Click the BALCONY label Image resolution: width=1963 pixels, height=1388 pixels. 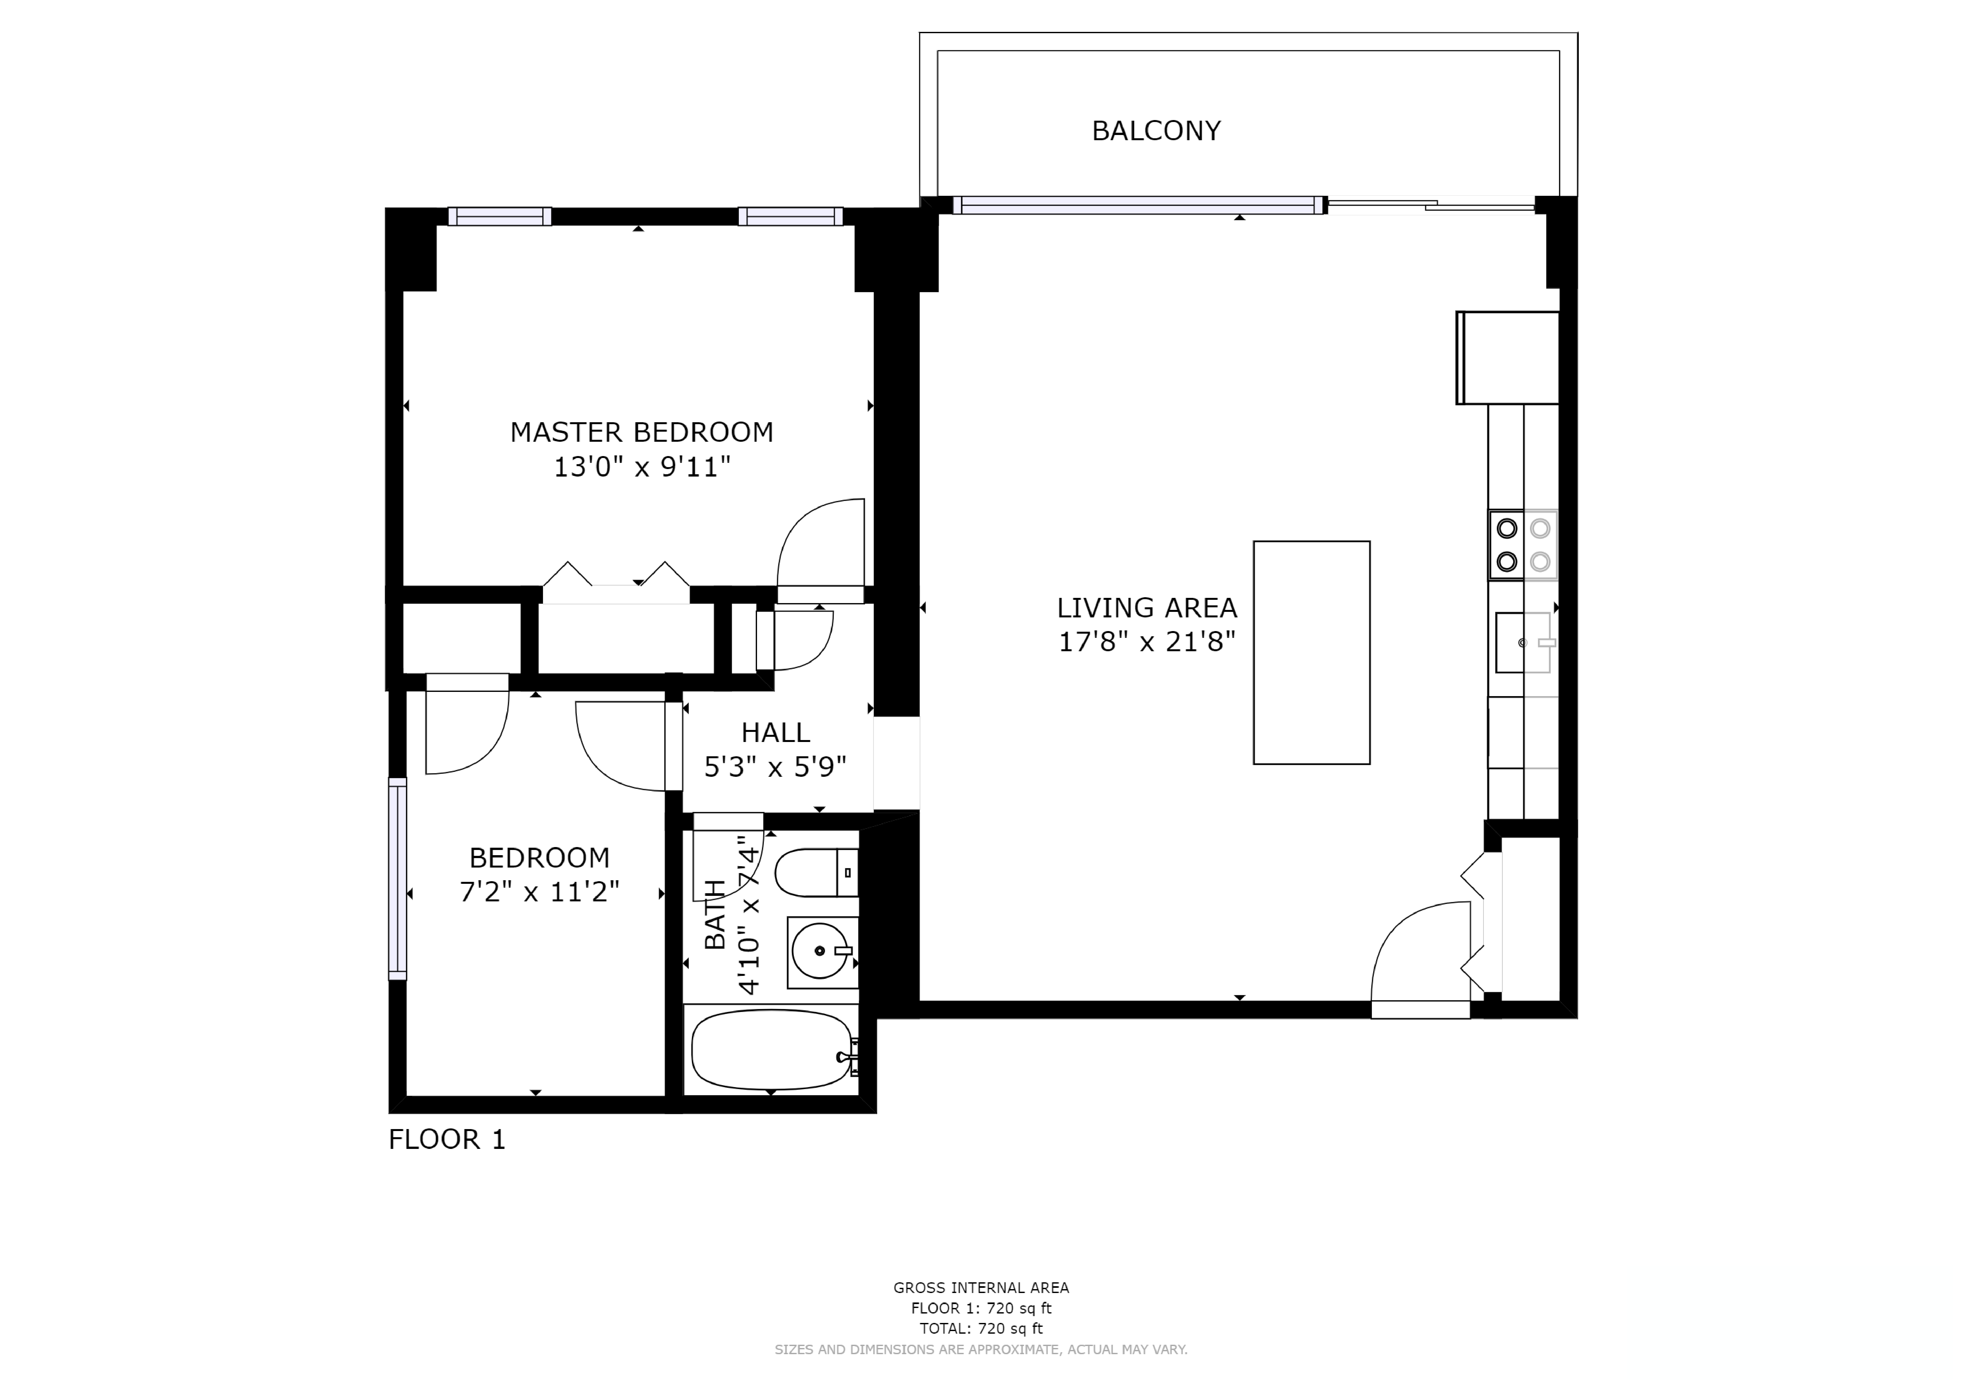pyautogui.click(x=1156, y=131)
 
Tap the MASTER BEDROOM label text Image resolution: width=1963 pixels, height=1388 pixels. pyautogui.click(x=641, y=432)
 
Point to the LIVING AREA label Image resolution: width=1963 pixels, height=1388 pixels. pyautogui.click(x=1146, y=608)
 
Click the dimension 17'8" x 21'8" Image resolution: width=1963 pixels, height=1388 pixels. pyautogui.click(x=1146, y=642)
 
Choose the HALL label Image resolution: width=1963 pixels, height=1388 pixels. pyautogui.click(x=776, y=733)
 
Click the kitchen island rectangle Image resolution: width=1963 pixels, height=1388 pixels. pyautogui.click(x=1311, y=652)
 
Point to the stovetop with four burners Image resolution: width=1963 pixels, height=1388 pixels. pyautogui.click(x=1523, y=545)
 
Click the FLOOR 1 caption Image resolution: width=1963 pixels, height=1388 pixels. pyautogui.click(x=447, y=1139)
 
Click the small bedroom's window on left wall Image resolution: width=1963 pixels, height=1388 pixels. pyautogui.click(x=398, y=878)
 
